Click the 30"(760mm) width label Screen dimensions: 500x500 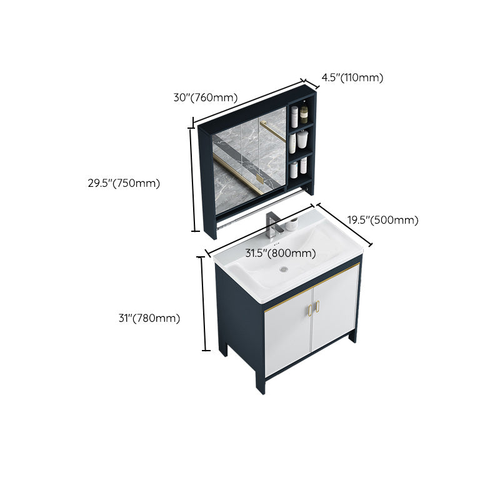click(x=206, y=97)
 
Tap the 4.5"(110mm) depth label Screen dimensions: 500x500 click(x=352, y=77)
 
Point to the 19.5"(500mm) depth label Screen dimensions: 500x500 click(x=382, y=220)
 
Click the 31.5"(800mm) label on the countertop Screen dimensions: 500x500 click(x=279, y=253)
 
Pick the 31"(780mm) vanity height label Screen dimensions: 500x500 click(x=149, y=318)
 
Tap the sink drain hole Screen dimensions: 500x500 click(x=284, y=269)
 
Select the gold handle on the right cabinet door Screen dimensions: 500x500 click(x=317, y=306)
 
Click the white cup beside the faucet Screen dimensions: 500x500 click(x=291, y=226)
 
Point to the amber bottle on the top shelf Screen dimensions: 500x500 click(x=304, y=114)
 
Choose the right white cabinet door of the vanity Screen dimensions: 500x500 click(x=336, y=312)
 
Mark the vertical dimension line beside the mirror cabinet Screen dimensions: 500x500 click(x=192, y=178)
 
